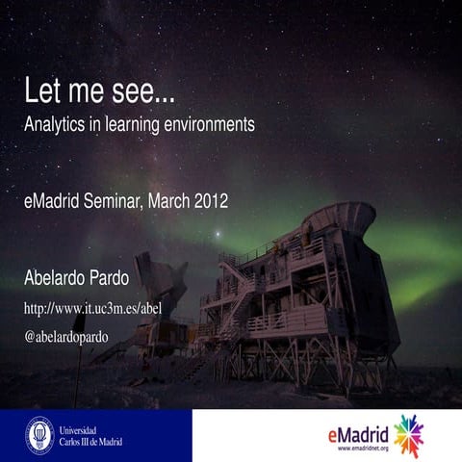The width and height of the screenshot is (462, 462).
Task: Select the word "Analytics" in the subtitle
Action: pos(58,125)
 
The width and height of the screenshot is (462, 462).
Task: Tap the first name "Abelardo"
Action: pos(61,279)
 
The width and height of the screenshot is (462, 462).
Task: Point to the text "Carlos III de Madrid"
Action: pos(90,442)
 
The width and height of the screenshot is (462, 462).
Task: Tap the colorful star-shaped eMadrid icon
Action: pos(409,435)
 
